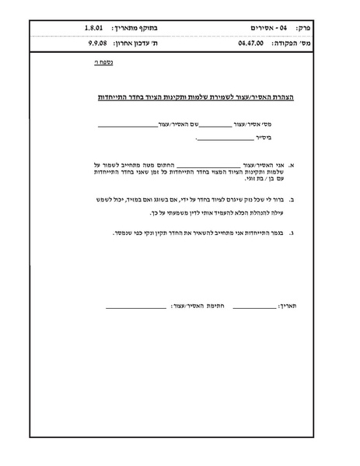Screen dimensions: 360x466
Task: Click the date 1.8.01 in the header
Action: (x=96, y=29)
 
